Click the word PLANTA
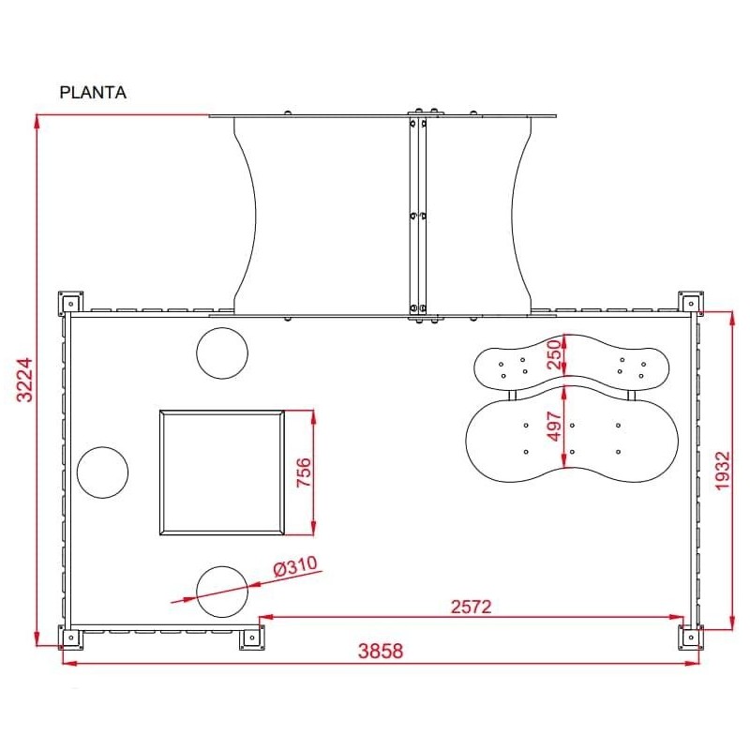[x=93, y=93]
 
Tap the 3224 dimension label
[x=25, y=379]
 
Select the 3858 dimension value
[x=381, y=652]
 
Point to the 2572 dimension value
[x=471, y=607]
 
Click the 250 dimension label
[x=554, y=355]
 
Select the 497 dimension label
[x=554, y=427]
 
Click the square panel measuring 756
[x=222, y=472]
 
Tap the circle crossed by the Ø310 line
[x=222, y=592]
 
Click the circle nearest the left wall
[x=102, y=472]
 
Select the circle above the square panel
[x=222, y=352]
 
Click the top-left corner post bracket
[x=70, y=302]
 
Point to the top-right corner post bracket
[x=691, y=302]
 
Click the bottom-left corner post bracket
[x=70, y=638]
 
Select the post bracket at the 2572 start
[x=250, y=638]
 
